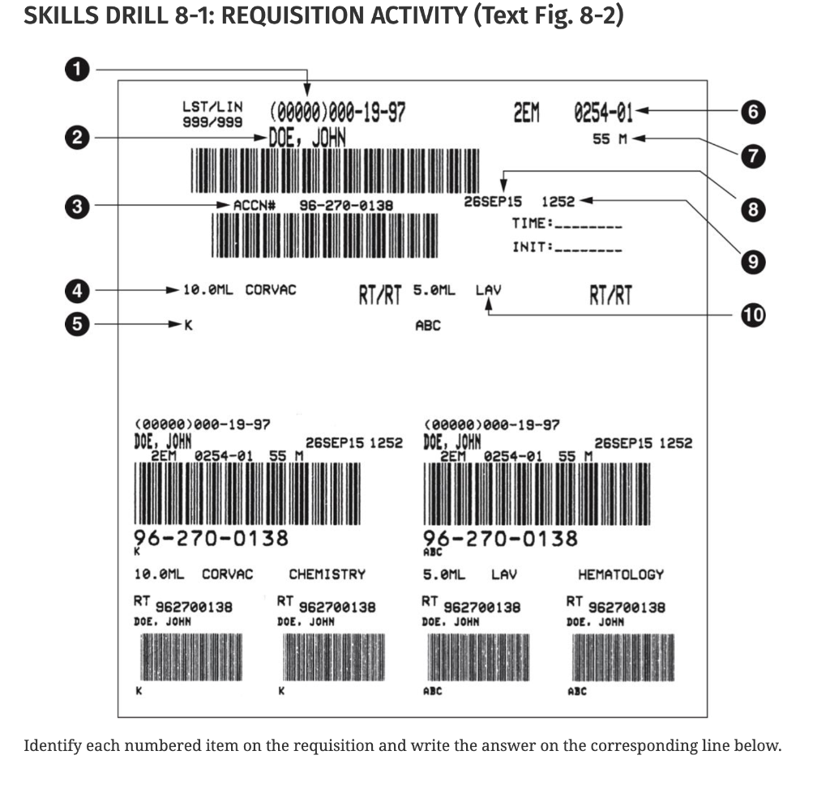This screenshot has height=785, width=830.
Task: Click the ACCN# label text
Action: (x=255, y=206)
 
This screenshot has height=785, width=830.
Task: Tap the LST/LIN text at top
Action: (x=212, y=107)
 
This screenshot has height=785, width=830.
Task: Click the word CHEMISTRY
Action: (x=327, y=574)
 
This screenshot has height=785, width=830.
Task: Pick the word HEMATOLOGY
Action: (x=620, y=574)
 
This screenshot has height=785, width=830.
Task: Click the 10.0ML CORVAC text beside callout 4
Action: (x=239, y=289)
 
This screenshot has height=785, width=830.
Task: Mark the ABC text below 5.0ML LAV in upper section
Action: (x=427, y=326)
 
